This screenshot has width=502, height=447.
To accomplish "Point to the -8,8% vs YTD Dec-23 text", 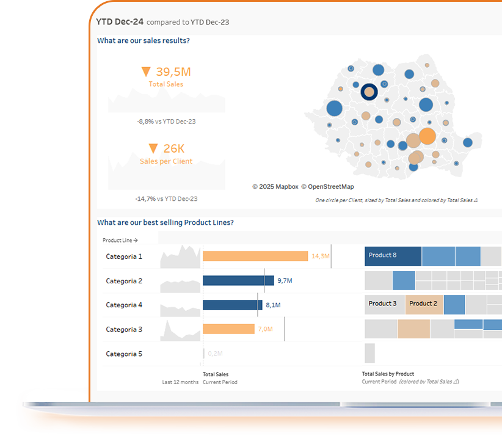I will coord(166,122).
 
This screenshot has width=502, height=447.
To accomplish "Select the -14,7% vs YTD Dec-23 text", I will coord(166,198).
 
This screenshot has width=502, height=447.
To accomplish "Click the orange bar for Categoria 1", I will coord(255,256).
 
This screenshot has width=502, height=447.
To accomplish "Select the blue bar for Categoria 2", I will coord(238,280).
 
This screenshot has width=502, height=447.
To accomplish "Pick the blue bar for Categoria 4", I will coord(232,305).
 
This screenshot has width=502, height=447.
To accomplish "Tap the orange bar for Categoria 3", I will coord(228,329).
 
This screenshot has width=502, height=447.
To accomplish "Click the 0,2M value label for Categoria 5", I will coord(215,354).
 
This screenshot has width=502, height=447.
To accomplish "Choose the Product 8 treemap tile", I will coord(393,256).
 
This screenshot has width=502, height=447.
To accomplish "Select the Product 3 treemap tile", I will coord(384,304).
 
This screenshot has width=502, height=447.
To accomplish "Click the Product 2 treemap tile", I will coord(424,304).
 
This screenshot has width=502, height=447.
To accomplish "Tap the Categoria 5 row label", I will coord(124,354).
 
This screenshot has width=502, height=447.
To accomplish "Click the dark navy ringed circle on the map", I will coord(369,92).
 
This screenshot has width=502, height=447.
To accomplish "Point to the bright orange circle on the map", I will coord(427,136).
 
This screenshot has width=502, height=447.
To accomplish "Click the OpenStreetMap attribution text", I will coord(330,187).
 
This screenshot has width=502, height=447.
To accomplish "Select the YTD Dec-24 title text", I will coord(120,22).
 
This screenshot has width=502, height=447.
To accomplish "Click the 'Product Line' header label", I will coord(120,241).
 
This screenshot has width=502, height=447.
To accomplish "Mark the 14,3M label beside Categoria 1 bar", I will coord(321,256).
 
